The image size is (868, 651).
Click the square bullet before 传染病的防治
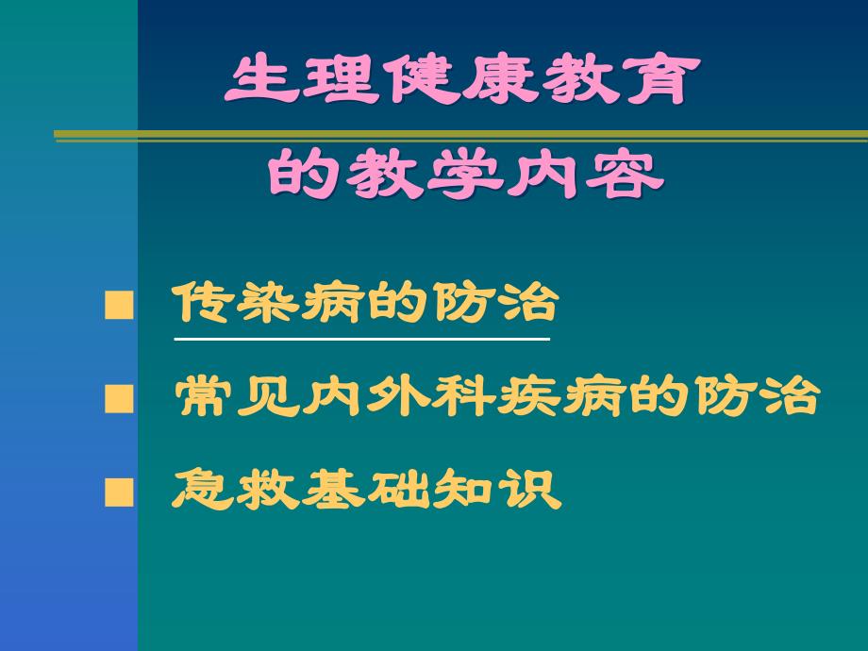[118, 307]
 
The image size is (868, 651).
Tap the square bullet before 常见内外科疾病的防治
[118, 400]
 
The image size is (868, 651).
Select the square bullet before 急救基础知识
[118, 492]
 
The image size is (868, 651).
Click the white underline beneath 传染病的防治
[360, 338]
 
